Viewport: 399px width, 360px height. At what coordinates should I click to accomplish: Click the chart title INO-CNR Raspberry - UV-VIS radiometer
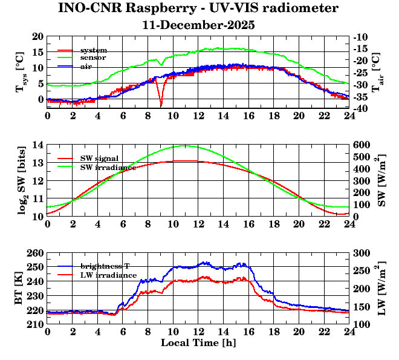point(198,8)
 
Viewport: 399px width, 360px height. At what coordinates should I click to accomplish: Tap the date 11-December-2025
point(198,25)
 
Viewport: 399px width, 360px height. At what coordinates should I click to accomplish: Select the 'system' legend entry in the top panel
point(94,50)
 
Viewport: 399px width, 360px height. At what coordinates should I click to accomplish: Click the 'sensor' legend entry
point(94,57)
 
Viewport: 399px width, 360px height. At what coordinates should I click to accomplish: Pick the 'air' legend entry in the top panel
point(86,66)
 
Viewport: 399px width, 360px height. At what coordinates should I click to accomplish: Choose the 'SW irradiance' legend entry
point(108,166)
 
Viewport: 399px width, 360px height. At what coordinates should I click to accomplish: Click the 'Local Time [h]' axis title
point(198,343)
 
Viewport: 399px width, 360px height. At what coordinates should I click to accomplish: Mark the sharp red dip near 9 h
point(161,105)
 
